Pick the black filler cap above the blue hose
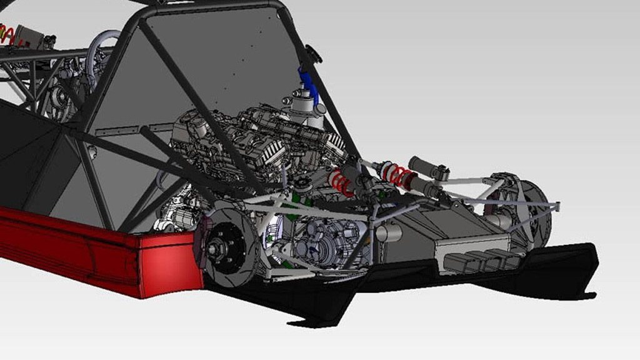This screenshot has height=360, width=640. coord(312,54)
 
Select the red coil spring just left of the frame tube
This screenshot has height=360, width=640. coord(340,182)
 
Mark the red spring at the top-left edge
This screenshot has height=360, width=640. coord(7,34)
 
